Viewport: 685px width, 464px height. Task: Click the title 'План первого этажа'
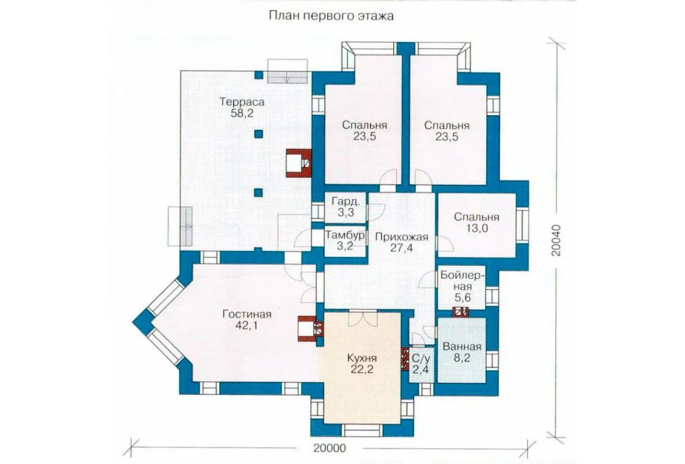coord(331,16)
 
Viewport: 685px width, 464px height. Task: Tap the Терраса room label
coord(242,102)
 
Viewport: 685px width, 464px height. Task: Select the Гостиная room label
coord(247,314)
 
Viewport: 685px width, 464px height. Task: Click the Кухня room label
coord(362,358)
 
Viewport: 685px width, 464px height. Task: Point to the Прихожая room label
coord(401,237)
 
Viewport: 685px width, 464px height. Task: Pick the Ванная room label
coord(462,347)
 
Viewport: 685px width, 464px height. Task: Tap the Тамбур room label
coord(345,236)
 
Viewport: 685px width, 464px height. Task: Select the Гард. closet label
coord(346,202)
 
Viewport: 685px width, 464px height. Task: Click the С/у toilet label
coord(421,359)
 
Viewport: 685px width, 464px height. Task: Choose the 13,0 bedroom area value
coord(477,228)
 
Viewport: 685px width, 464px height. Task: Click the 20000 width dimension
coord(329,448)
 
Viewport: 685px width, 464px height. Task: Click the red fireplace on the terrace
coord(299,162)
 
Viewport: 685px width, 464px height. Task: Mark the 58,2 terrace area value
coord(242,114)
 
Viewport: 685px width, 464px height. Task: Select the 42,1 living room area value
coord(247,325)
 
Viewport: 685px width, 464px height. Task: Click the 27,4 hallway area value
coord(401,249)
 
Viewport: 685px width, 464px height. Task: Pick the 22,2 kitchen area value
coord(362,369)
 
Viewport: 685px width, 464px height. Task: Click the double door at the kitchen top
coord(362,317)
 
